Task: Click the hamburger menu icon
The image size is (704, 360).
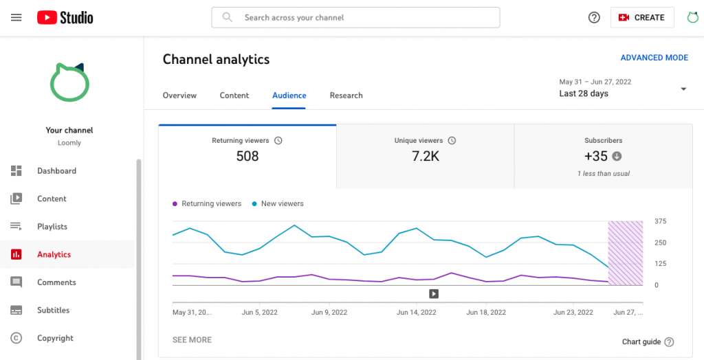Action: tap(16, 17)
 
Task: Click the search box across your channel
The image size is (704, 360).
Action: tap(355, 17)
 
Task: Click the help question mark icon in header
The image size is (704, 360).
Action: tap(594, 17)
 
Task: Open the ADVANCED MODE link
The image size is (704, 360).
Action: tap(654, 58)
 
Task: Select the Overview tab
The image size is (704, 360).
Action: tap(179, 95)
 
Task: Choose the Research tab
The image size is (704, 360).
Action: tap(346, 95)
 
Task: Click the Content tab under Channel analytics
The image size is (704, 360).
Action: tap(234, 95)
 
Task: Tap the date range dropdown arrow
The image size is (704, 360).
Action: tap(683, 89)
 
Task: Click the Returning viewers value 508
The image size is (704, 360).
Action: tap(247, 156)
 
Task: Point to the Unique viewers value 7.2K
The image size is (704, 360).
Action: tap(426, 156)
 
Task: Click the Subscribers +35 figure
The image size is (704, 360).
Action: tap(597, 156)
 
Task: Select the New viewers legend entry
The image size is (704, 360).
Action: tap(282, 204)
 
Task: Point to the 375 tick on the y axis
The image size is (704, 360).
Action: tap(661, 221)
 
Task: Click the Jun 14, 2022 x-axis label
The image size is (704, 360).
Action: tap(417, 312)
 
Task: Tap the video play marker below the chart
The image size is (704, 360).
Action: tap(434, 294)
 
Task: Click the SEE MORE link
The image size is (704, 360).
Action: tap(192, 340)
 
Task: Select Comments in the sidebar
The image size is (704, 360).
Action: tap(56, 282)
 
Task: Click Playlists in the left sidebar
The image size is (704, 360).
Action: tap(52, 227)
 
